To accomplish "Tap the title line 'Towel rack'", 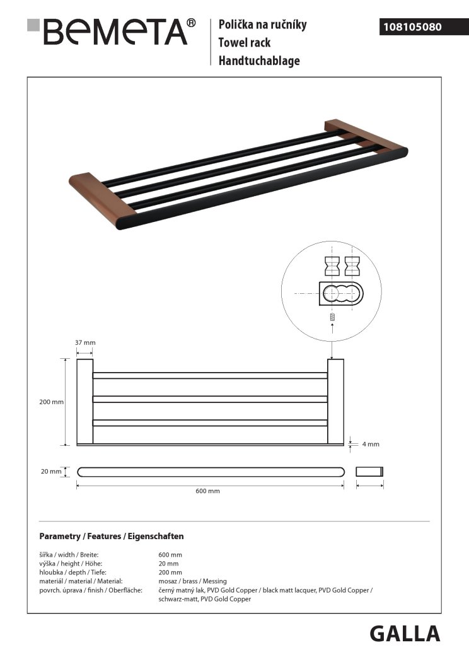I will point(245,43).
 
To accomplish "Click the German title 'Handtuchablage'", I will point(259,61).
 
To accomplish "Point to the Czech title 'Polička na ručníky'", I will point(262,25).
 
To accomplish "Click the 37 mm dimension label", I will point(85,342).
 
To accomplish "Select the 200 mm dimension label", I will point(52,402).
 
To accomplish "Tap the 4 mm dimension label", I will point(371,444).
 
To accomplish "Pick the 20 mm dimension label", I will point(51,471).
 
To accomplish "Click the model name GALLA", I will point(404,633).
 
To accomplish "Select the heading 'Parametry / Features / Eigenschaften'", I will point(111,536).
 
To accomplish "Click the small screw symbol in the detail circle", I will point(332,317).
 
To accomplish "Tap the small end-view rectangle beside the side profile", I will point(370,471).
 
